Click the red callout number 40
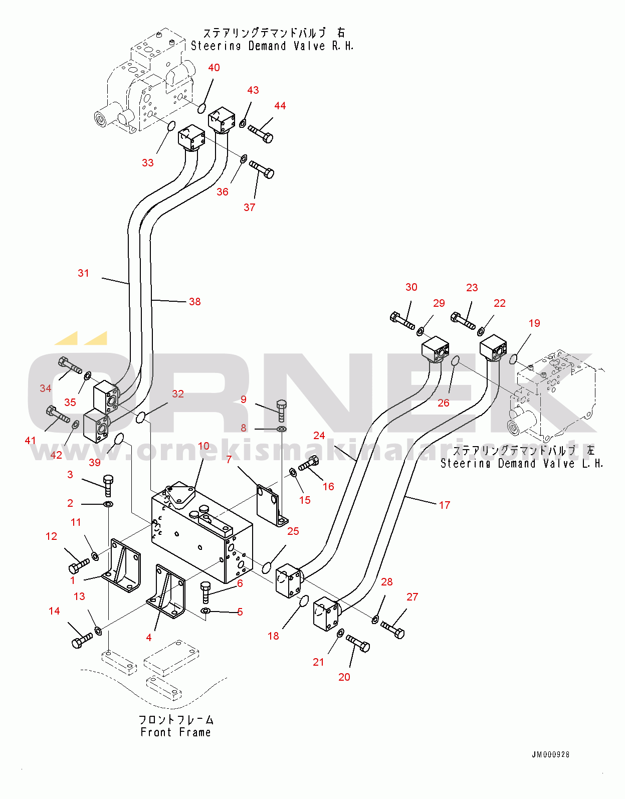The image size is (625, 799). [x=214, y=68]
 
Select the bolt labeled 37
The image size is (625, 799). [x=262, y=169]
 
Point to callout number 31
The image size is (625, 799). [x=83, y=273]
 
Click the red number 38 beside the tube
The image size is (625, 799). [x=195, y=302]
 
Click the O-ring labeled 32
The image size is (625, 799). [x=142, y=416]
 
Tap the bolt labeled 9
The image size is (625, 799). [x=282, y=410]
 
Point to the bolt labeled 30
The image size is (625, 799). [x=402, y=321]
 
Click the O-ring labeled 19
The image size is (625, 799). [x=513, y=359]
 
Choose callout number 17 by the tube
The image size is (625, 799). [x=445, y=505]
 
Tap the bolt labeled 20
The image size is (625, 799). [x=358, y=643]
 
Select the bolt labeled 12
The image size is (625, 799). [x=79, y=566]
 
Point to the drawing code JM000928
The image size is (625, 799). [x=550, y=754]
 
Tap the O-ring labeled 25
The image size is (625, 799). [x=267, y=567]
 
